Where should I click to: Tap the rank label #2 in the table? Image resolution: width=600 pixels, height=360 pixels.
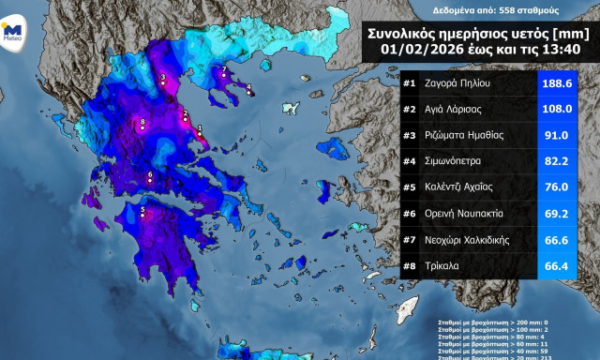click(410, 109)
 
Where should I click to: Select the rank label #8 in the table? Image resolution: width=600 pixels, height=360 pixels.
click(410, 265)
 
